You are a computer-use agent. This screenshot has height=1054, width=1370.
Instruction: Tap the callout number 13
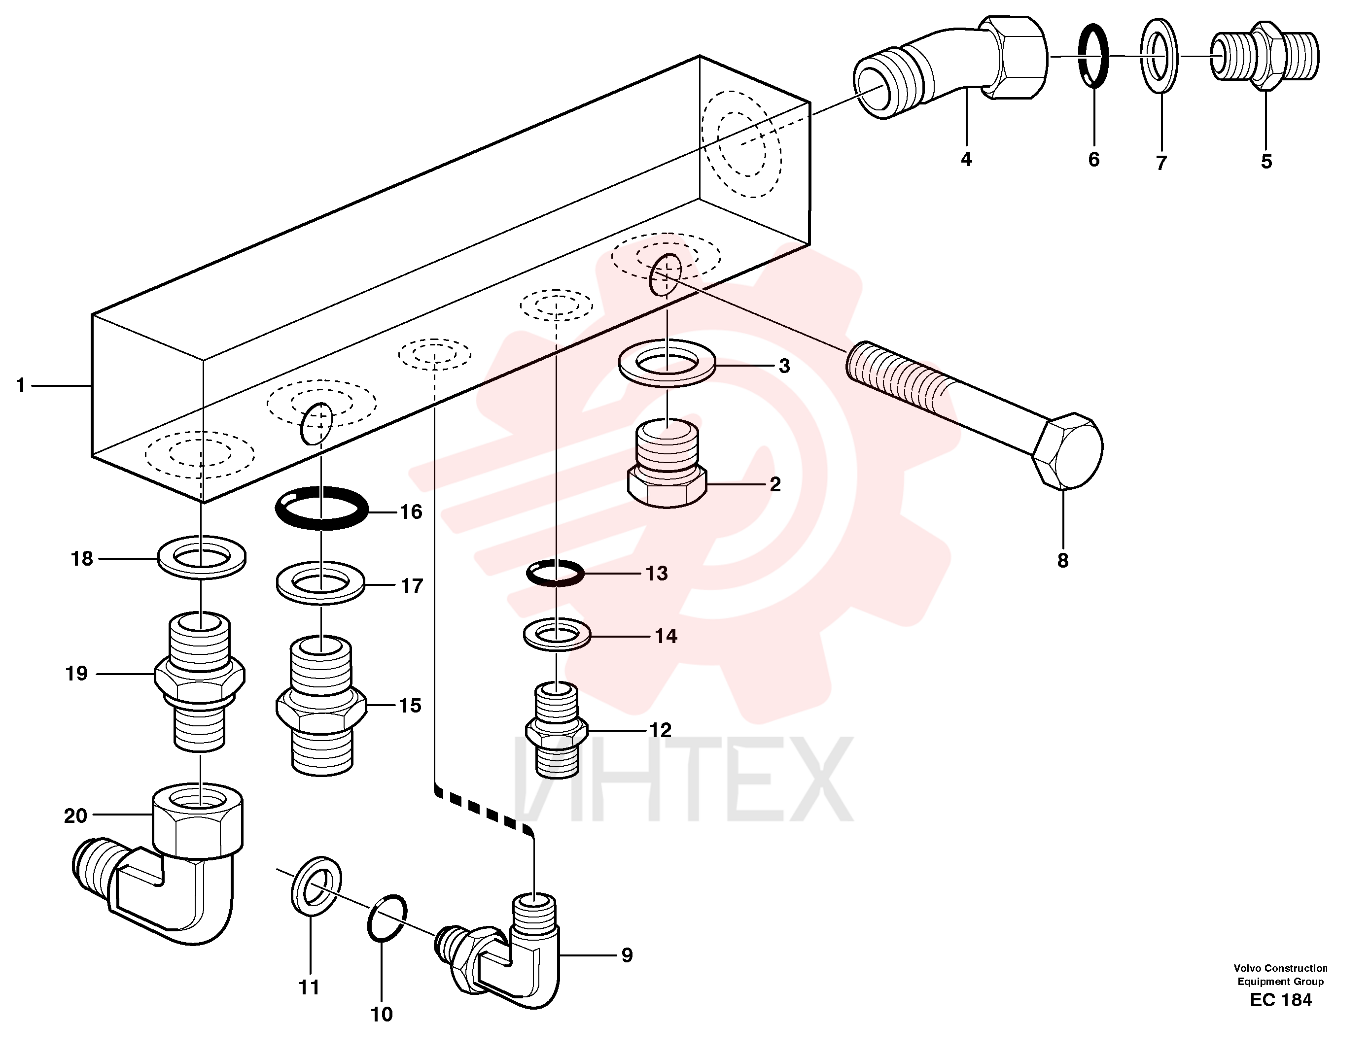click(656, 573)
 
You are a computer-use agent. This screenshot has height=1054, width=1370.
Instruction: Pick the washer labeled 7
click(1159, 56)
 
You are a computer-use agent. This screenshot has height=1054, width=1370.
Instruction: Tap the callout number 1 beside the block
click(21, 386)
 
